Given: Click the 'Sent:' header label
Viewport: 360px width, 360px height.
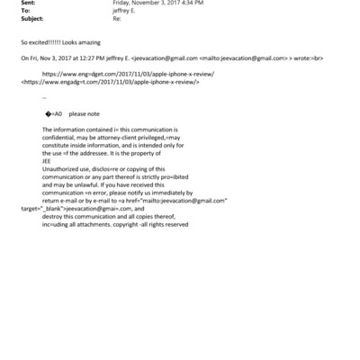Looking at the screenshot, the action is pos(27,4).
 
